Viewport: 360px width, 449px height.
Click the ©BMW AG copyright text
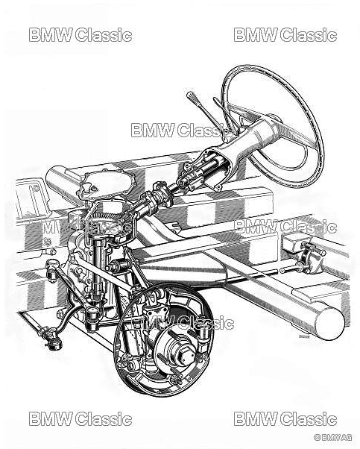[x=333, y=437]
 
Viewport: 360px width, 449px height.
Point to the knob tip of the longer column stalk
[x=189, y=95]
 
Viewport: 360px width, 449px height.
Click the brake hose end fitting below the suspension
[x=54, y=343]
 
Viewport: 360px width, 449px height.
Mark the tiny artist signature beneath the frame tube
[x=304, y=336]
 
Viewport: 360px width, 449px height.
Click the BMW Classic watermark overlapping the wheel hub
[x=183, y=322]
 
